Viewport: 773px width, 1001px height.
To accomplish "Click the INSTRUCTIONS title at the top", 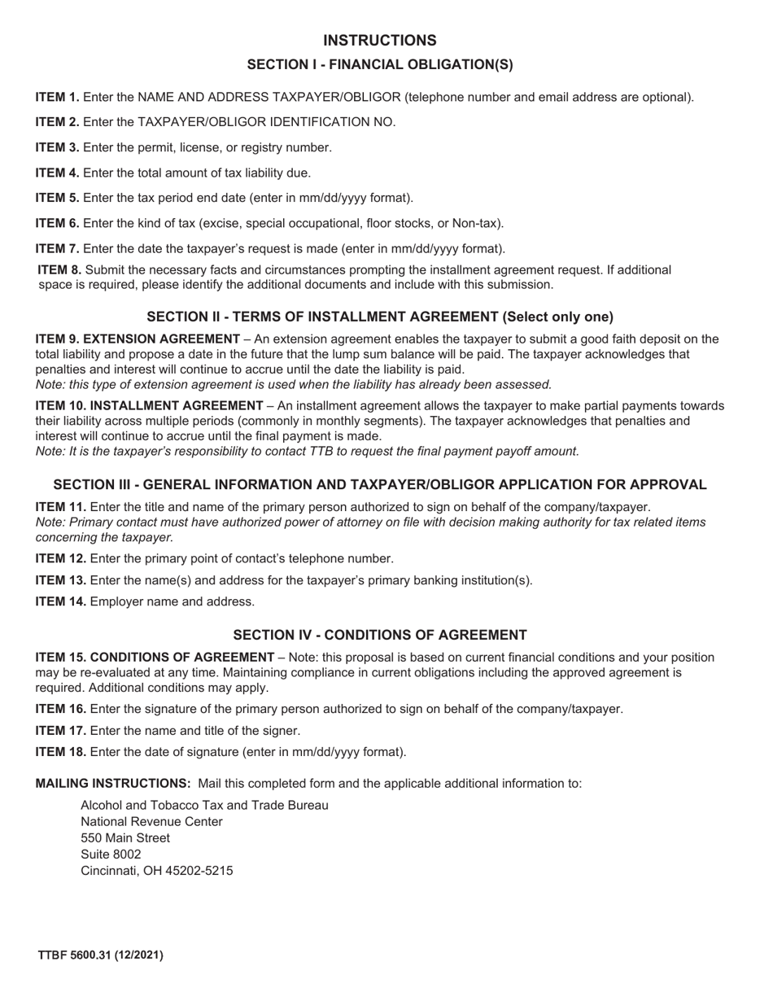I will coord(379,41).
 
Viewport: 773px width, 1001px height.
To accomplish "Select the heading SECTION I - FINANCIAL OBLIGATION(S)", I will coord(379,65).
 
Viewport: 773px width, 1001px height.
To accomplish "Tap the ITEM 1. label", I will coord(57,98).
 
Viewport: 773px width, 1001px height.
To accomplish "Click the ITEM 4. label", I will coord(57,173).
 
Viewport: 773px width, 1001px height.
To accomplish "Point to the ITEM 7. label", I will coord(57,249).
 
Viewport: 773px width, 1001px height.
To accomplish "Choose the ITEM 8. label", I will coord(59,270).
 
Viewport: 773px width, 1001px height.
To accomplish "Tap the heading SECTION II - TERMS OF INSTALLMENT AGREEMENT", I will coord(379,317).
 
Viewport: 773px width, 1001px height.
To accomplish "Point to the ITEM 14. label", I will coord(60,602).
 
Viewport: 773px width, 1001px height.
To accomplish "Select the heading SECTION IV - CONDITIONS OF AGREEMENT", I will coord(379,636).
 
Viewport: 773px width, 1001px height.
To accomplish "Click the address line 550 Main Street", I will coord(125,838).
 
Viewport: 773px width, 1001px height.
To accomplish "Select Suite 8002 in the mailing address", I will coord(111,855).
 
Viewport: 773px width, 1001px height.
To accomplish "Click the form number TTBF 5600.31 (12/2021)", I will coord(100,955).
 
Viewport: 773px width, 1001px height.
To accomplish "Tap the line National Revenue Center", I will coord(151,822).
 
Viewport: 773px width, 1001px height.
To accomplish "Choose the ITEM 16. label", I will coord(60,709).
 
